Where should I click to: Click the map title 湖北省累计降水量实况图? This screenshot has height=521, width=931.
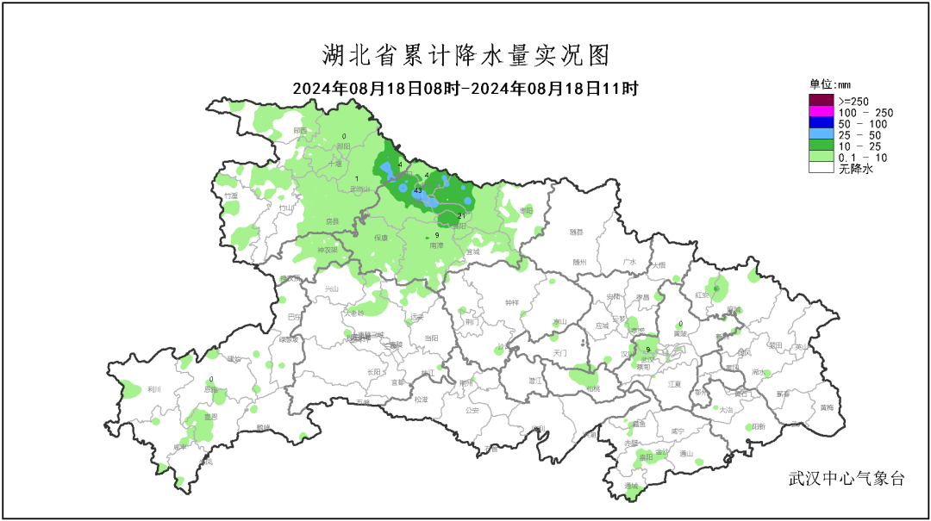465,56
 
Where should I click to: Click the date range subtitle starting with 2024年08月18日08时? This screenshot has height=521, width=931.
465,89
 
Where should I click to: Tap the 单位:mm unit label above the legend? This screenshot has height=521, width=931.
829,84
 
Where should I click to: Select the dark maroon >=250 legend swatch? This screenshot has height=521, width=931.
821,102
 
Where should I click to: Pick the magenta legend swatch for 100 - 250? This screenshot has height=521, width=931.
821,113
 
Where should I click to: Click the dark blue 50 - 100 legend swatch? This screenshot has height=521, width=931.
821,124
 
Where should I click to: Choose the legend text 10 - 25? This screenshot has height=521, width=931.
859,147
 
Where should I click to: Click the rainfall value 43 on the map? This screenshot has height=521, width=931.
417,190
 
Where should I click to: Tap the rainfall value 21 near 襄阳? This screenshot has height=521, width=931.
461,215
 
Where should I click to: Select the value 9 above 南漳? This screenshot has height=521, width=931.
437,235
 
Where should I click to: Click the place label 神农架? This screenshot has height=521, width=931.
327,251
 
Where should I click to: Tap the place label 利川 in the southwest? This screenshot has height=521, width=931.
155,389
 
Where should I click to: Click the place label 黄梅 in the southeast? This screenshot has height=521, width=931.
827,407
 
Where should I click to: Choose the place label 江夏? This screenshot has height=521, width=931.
674,384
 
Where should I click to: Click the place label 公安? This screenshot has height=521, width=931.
472,411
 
